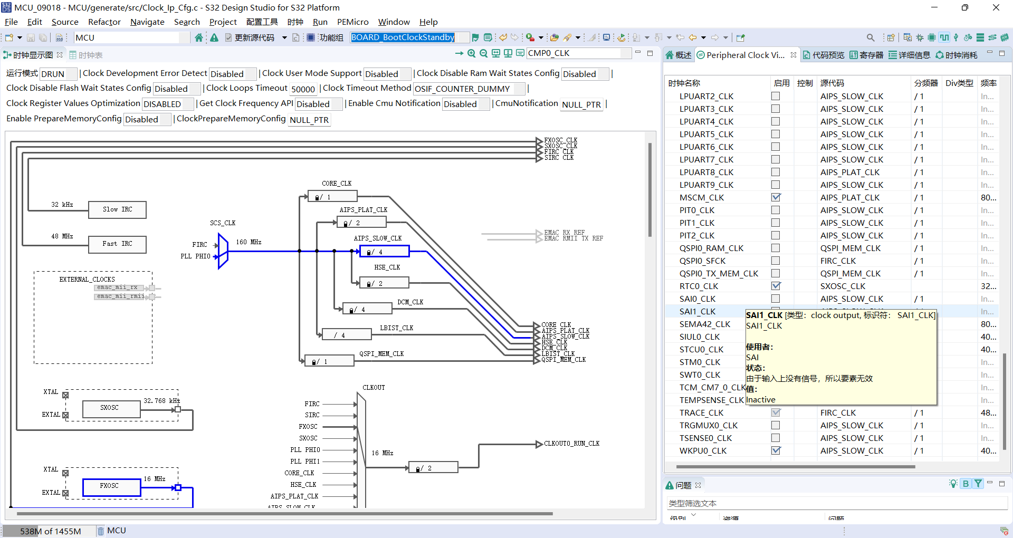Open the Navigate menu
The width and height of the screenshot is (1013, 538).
coord(147,22)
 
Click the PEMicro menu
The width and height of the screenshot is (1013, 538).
coord(352,22)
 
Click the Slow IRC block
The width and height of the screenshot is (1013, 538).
coord(117,209)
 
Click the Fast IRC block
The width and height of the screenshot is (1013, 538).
coord(117,244)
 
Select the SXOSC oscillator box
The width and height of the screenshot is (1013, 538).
coord(110,408)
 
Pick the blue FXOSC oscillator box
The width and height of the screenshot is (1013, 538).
coord(110,486)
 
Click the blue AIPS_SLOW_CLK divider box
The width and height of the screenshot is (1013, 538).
coord(384,252)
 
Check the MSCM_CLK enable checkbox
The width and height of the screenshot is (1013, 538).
coord(776,197)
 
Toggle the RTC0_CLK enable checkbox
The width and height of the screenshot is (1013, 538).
coord(776,286)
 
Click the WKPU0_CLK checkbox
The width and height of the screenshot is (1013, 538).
coord(776,450)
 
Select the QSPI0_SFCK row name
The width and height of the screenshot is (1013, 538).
coord(702,261)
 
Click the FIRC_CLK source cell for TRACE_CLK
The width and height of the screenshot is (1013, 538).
coord(838,412)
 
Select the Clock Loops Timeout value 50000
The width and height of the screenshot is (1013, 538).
coord(303,89)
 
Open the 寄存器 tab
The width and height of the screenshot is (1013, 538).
coord(866,55)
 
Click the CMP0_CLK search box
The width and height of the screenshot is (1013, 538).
coord(578,53)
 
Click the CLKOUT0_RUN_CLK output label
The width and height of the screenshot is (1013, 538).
coord(571,444)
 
